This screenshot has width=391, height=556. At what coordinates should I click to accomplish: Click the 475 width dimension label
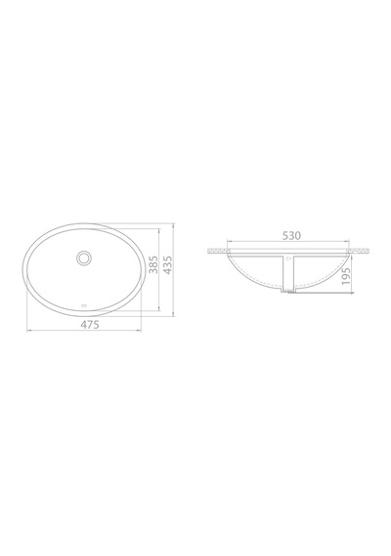click(90, 324)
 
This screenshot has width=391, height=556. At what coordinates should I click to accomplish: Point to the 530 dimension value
click(291, 235)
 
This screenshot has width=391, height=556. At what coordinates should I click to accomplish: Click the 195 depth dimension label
click(346, 277)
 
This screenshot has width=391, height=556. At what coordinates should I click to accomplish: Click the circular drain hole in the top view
click(84, 258)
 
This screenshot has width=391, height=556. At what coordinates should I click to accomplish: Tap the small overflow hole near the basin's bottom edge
click(84, 304)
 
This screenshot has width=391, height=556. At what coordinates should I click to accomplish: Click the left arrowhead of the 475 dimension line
click(28, 331)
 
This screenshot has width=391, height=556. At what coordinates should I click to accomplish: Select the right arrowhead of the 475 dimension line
click(140, 331)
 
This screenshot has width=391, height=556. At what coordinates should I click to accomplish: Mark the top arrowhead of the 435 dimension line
click(173, 225)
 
